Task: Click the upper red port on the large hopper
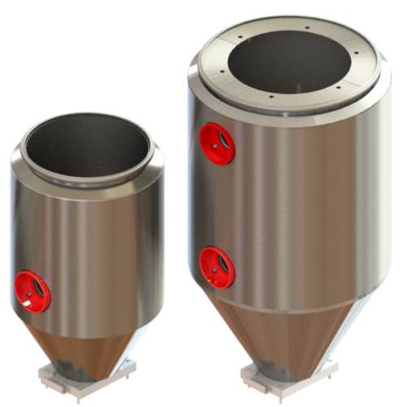click(217, 144)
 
